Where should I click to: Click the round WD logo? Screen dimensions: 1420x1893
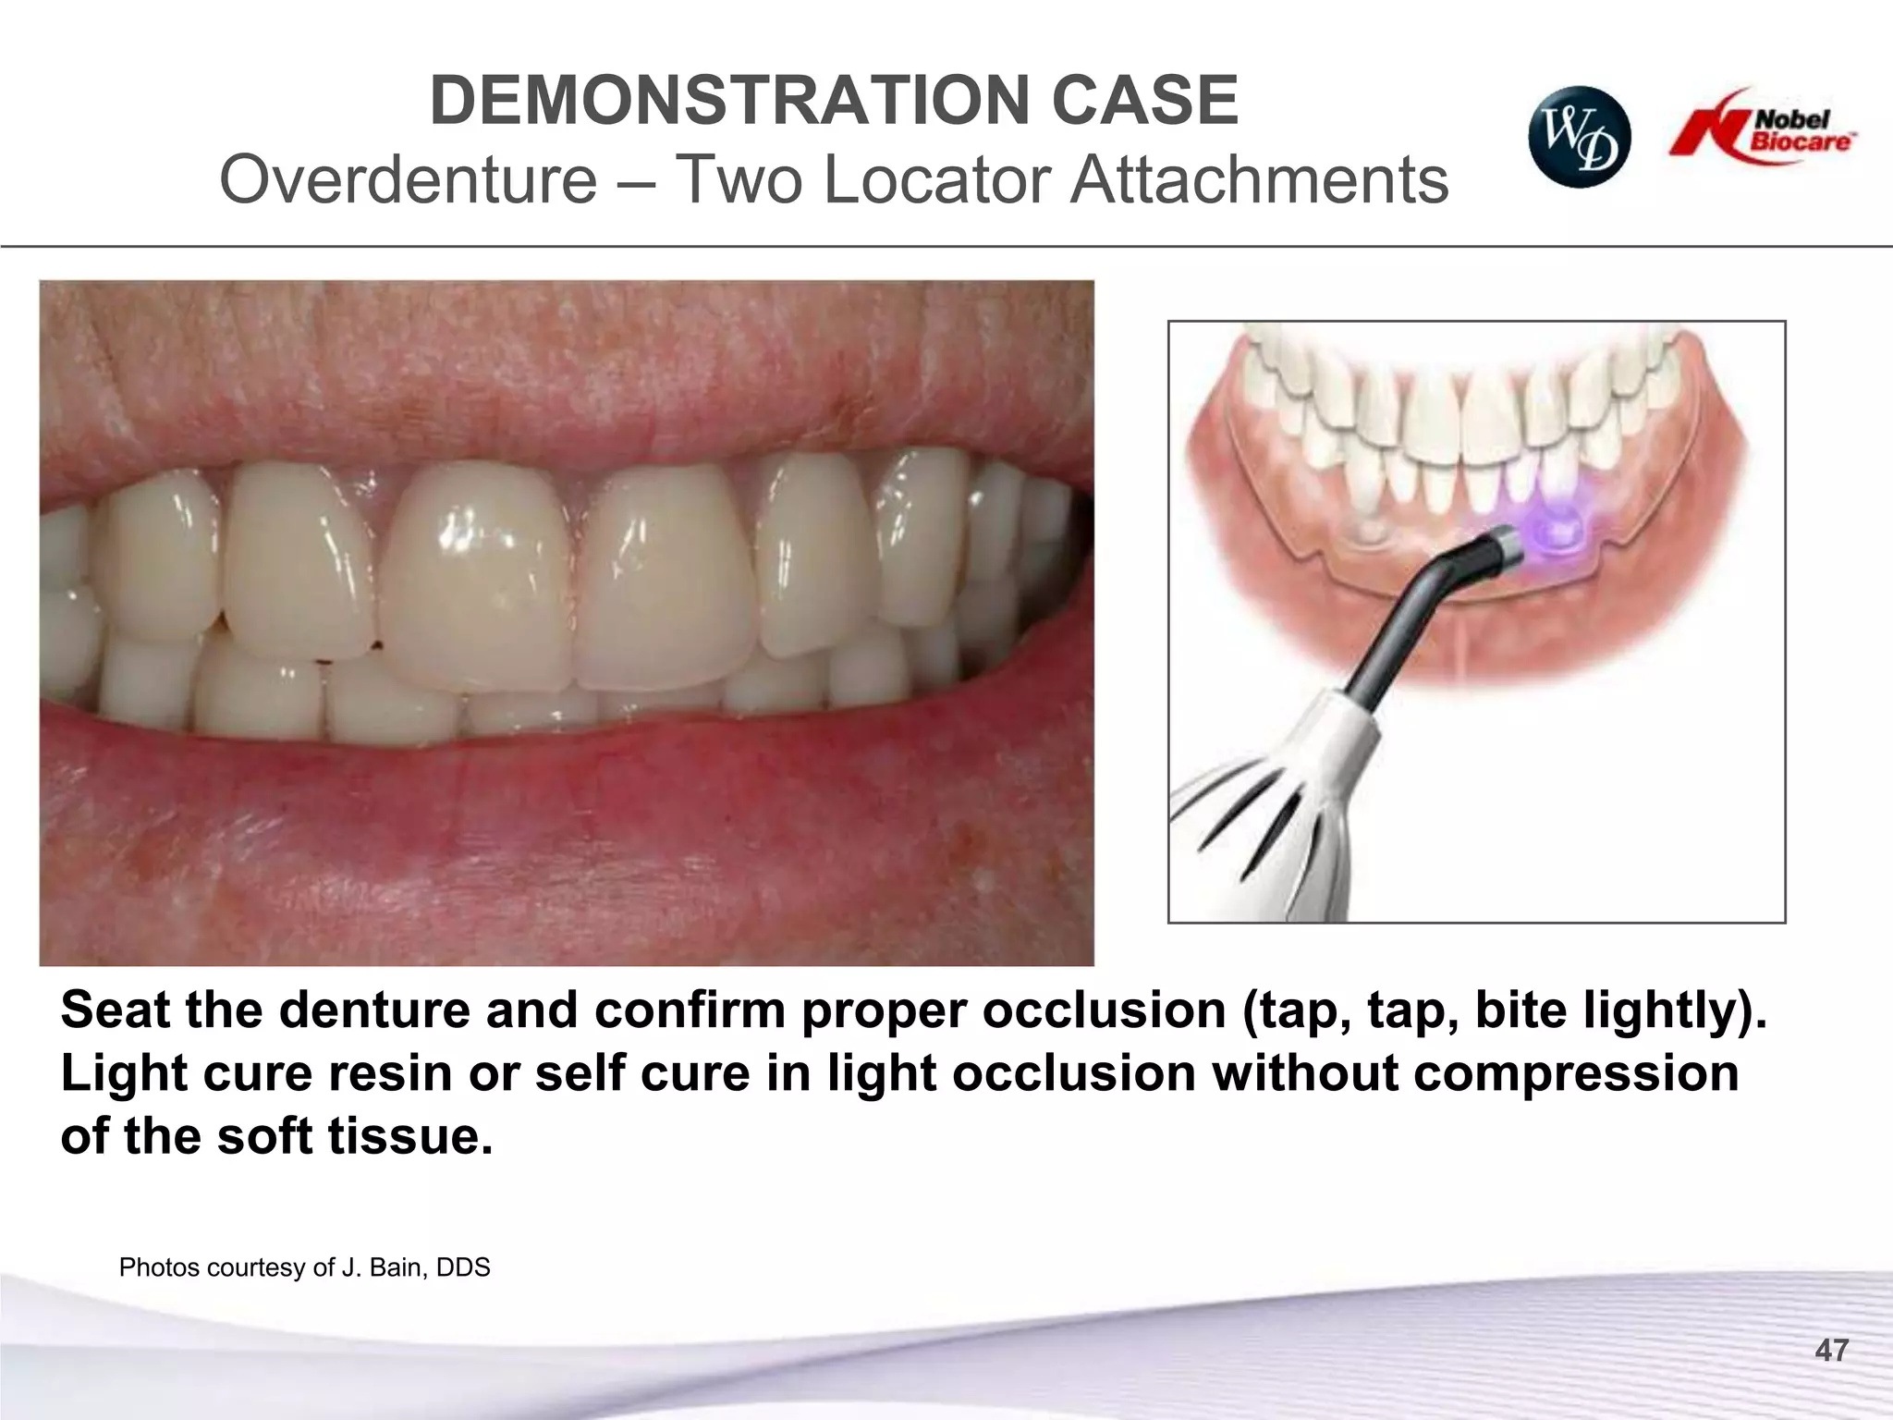point(1579,139)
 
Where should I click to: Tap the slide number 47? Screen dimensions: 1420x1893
point(1831,1351)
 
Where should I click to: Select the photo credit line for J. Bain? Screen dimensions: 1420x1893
point(304,1267)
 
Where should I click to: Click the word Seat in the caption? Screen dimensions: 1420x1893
point(115,1010)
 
